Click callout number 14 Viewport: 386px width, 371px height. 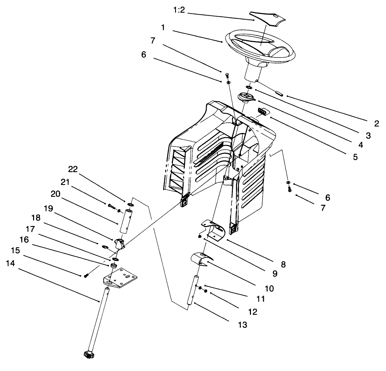tap(11, 263)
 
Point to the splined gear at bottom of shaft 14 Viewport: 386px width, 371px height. tap(89, 354)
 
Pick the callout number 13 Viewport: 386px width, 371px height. tap(242, 325)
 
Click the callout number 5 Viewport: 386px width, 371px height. tap(355, 157)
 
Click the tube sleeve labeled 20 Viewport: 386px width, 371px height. tap(126, 221)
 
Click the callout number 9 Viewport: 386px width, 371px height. tap(275, 274)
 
